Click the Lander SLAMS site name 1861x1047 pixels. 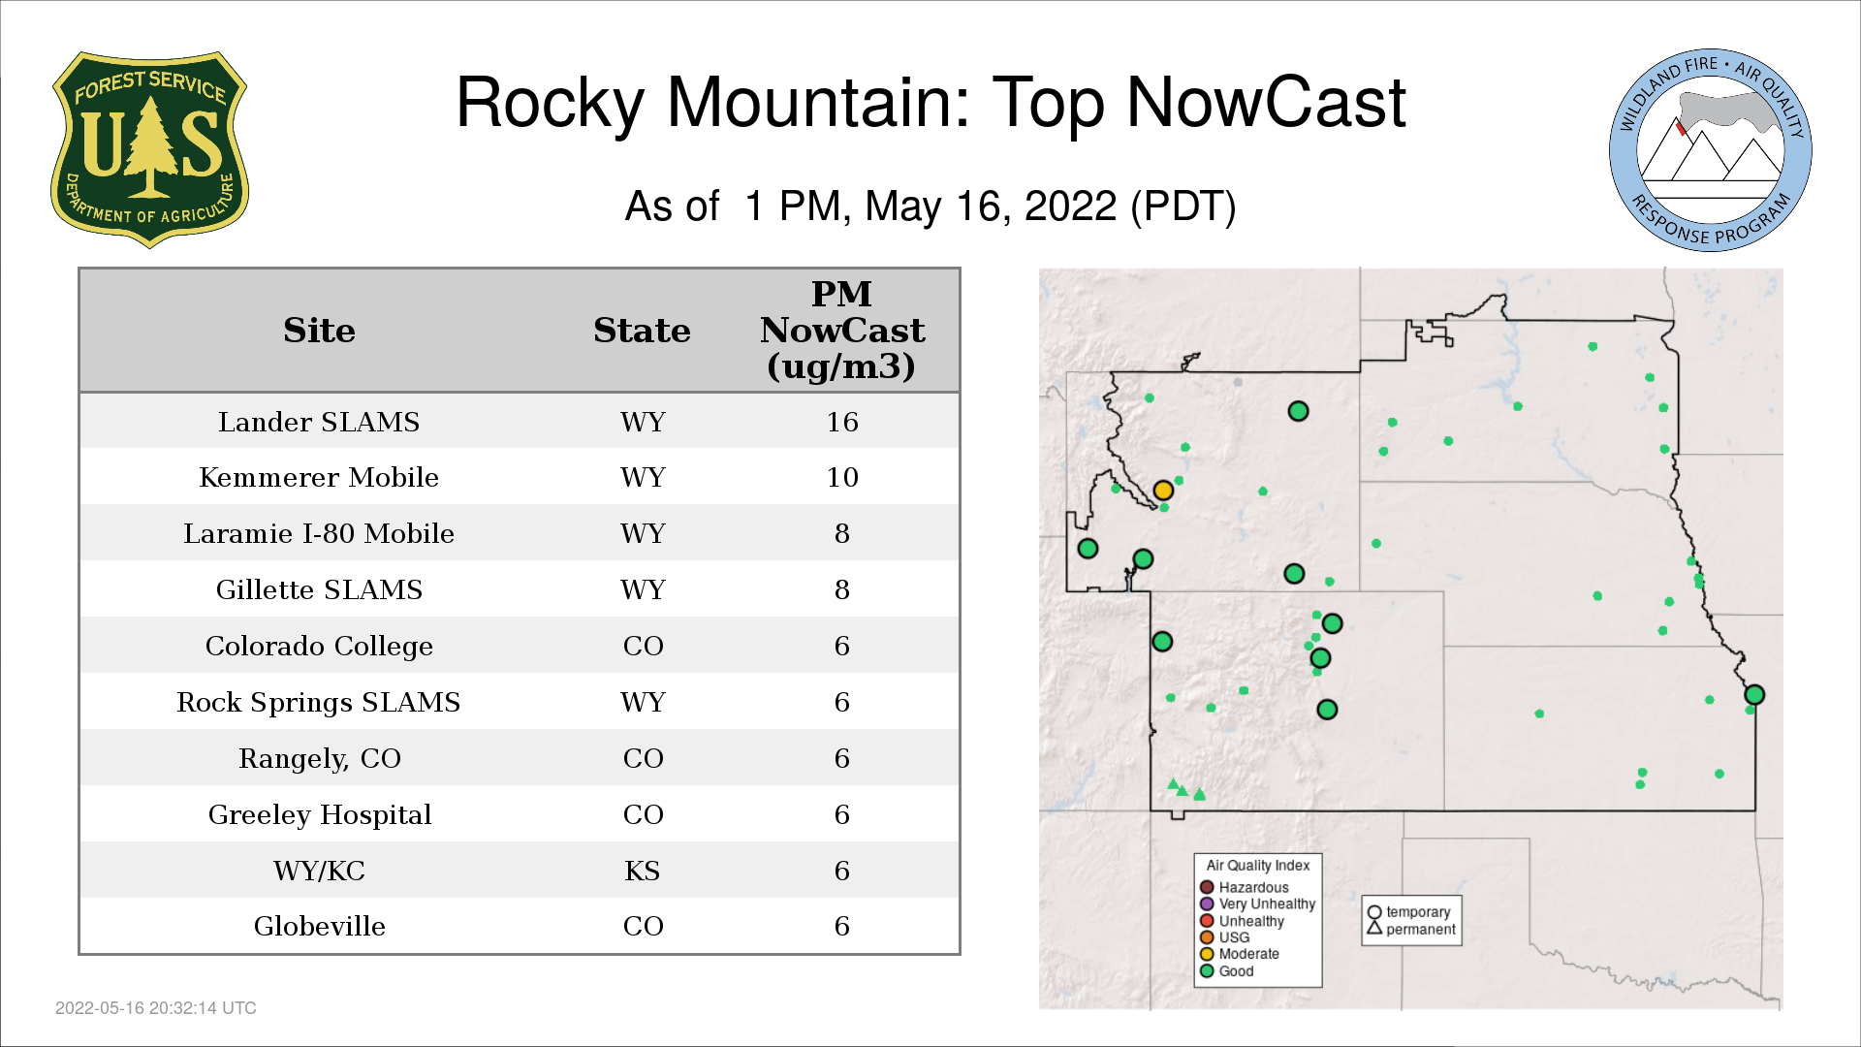[319, 422]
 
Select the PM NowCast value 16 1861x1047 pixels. [842, 422]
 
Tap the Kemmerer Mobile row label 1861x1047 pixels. [319, 477]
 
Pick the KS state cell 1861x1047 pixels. [643, 871]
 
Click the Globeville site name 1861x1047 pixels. [320, 926]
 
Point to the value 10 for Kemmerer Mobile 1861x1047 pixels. [842, 477]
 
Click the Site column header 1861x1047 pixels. [319, 330]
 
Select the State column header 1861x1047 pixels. [642, 330]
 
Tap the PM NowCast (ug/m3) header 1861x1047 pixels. [842, 330]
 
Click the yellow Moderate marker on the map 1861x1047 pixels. [1163, 491]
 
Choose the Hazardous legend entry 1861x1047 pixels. [1245, 887]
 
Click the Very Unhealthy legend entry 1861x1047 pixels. [1257, 904]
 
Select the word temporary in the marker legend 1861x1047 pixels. [1418, 912]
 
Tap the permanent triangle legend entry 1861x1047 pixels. [1411, 929]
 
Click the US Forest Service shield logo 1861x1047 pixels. [149, 149]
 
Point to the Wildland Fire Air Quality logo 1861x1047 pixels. [1711, 150]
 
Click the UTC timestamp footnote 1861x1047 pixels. [156, 1008]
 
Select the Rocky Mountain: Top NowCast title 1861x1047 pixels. [930, 102]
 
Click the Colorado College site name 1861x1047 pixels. [319, 646]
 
